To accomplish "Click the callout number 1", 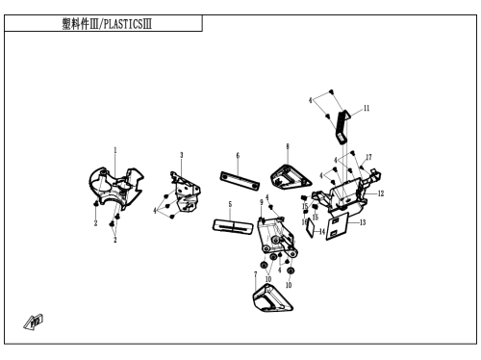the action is (x=115, y=150).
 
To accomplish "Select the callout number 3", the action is (x=181, y=155).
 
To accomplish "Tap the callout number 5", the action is (x=230, y=204).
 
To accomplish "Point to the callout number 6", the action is (x=238, y=156).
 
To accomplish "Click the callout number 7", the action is (x=256, y=275).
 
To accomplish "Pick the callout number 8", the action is (x=288, y=146).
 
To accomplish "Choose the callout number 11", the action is (x=367, y=108).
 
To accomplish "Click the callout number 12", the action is (x=381, y=193).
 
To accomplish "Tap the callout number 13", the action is (x=363, y=222).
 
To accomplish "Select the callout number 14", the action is (x=322, y=232).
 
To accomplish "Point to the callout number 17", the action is (x=368, y=157).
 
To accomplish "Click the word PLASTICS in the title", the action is (x=123, y=24).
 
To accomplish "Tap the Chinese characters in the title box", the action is (x=76, y=24).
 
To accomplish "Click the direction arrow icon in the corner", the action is (x=34, y=322).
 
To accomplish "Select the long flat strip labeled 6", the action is (x=240, y=182).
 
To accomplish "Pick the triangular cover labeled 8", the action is (x=291, y=176).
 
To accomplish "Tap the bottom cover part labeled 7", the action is (x=272, y=297).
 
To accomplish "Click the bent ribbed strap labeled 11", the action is (x=342, y=127).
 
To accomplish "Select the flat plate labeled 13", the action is (x=338, y=226).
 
